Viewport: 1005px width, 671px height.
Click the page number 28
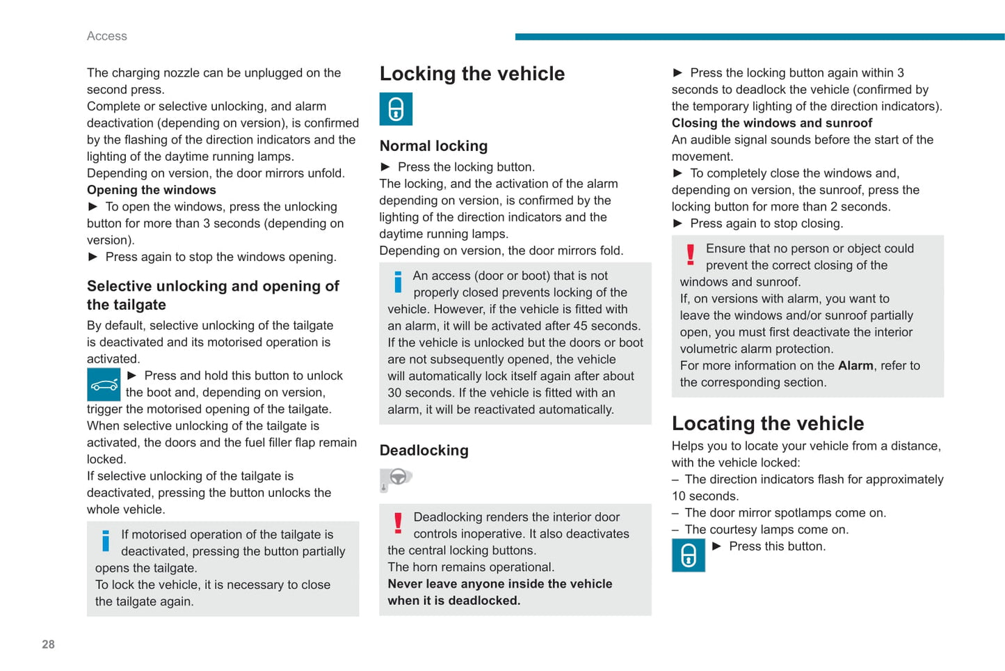48,645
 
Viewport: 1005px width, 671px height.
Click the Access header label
106,36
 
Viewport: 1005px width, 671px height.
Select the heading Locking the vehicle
472,74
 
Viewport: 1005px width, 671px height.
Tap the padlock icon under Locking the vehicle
396,109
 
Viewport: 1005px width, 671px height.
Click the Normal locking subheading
433,146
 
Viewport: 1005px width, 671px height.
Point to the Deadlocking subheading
424,450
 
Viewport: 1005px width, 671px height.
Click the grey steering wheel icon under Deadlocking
396,478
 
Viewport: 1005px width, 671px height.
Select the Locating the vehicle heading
767,423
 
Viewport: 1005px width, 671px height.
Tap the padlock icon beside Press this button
688,555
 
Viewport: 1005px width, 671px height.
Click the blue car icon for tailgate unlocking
104,385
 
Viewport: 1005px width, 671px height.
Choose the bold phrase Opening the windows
151,190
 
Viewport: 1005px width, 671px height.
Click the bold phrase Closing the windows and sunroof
771,123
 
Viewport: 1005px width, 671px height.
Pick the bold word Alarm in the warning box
855,365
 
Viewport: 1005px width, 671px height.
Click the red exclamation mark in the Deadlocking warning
398,523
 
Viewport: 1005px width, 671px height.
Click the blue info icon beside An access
398,281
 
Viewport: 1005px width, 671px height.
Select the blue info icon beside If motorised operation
106,541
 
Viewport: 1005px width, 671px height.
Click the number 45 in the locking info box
580,326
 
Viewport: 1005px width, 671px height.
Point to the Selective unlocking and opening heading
213,295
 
